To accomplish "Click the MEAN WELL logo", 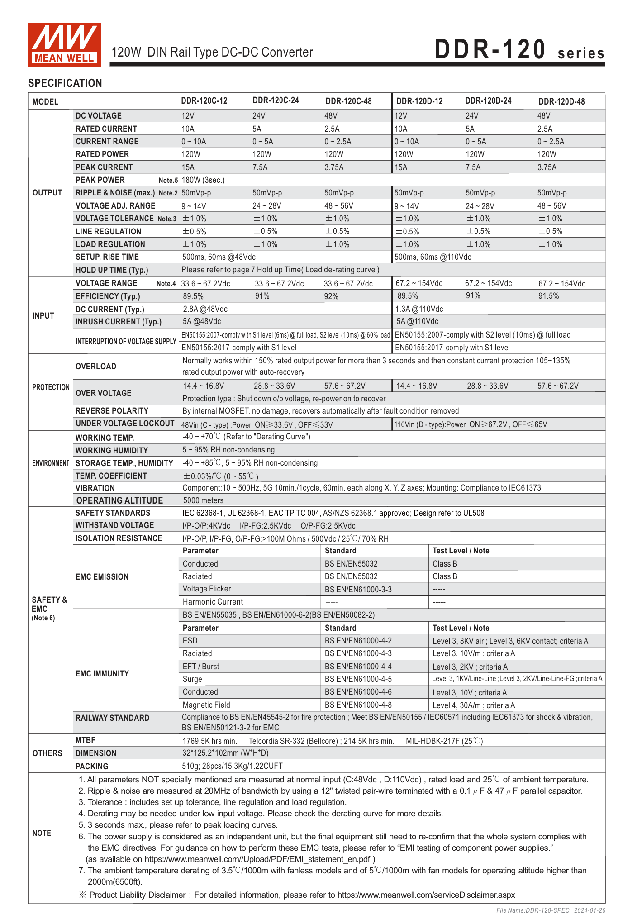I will [64, 44].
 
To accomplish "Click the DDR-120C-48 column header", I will [348, 101].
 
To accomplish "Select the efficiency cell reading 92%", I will [331, 296].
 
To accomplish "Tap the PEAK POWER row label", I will [100, 180].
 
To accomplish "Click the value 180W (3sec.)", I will [203, 180].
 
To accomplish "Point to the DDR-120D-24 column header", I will [488, 101].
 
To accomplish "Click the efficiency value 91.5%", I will [548, 296].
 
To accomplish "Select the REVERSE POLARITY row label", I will [112, 411].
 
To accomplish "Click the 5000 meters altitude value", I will [203, 500].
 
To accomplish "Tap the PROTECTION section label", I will [51, 387].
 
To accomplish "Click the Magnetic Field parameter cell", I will [206, 705].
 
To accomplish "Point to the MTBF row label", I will [86, 740].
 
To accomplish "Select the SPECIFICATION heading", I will [65, 83].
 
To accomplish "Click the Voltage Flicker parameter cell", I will [207, 589].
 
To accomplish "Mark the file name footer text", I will [551, 910].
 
